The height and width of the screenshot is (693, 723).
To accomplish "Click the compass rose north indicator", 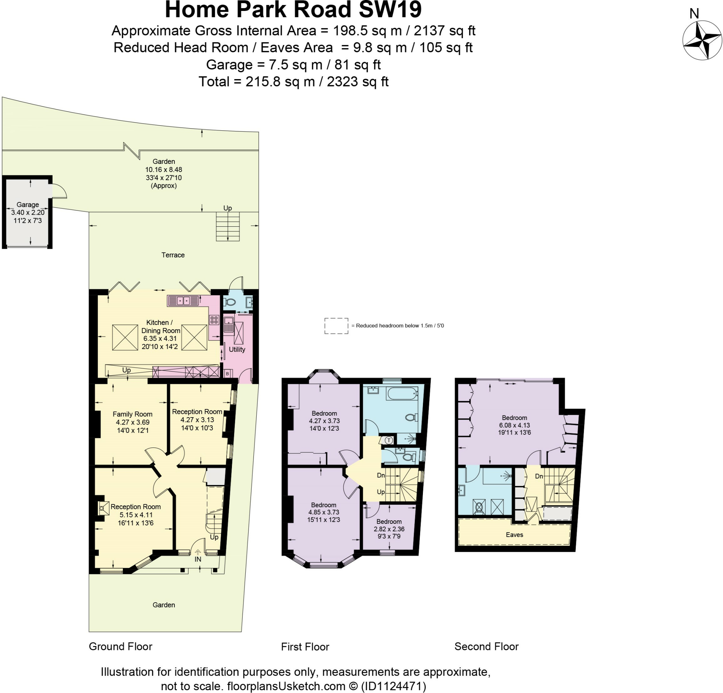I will (x=702, y=41).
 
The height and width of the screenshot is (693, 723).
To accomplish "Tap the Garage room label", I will (x=28, y=205).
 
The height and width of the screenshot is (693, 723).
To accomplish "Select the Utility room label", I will (x=237, y=349).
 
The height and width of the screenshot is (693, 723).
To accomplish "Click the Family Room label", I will (x=132, y=414).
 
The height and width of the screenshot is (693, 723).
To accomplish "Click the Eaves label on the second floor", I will (x=514, y=535).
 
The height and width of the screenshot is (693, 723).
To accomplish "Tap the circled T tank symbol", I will (x=388, y=440).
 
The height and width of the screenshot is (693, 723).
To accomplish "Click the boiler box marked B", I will (x=227, y=374).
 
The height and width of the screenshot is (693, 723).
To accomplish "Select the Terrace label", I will (x=173, y=255).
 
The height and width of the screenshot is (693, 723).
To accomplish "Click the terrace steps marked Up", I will (x=228, y=226).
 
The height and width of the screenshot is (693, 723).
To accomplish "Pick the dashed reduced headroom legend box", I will (x=336, y=326).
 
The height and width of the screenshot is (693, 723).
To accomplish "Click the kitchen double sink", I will (x=184, y=301).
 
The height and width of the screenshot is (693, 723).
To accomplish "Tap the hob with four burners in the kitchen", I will (x=214, y=320).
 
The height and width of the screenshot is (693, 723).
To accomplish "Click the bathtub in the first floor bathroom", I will (x=402, y=393).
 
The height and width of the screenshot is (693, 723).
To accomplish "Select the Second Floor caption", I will (x=486, y=646).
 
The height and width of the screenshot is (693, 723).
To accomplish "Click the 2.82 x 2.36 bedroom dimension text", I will (x=389, y=529).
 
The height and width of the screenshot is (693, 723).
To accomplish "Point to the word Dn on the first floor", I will (x=381, y=476).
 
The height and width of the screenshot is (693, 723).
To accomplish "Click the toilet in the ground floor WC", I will (x=230, y=302).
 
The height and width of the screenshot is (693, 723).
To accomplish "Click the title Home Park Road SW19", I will (x=293, y=10).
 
